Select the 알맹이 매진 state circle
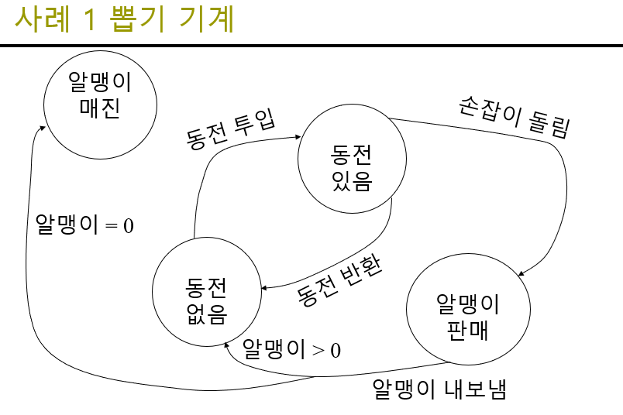click(100, 96)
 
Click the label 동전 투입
click(232, 129)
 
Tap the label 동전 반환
click(339, 276)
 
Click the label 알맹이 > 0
click(291, 349)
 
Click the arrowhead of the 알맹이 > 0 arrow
click(227, 345)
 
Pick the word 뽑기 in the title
click(135, 19)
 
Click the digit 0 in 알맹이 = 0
click(129, 225)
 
